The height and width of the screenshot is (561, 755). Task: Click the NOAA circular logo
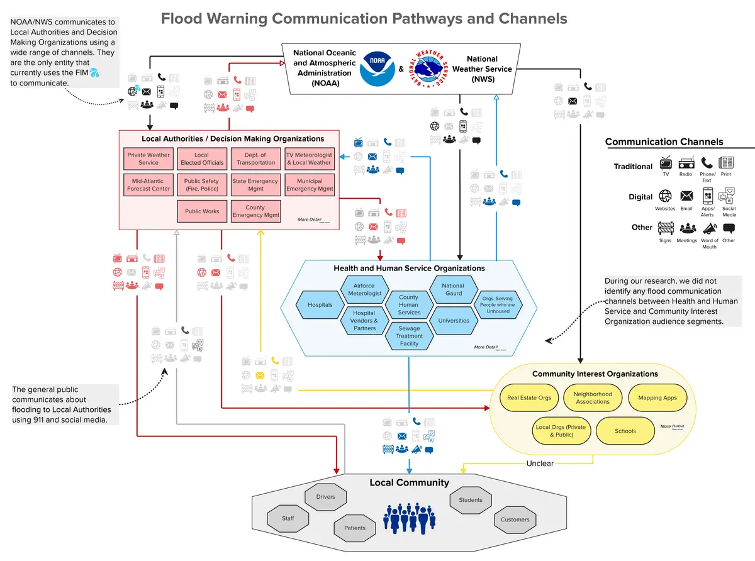point(377,69)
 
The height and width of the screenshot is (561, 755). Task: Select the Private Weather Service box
point(148,158)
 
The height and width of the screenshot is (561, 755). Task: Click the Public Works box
point(202,211)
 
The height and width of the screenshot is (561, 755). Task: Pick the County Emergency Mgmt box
point(255,211)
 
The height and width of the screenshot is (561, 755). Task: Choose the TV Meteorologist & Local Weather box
point(309,158)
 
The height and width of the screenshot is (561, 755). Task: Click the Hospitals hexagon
point(320,305)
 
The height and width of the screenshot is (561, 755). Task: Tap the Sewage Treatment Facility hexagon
point(409,336)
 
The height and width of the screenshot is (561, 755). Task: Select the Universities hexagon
point(453,321)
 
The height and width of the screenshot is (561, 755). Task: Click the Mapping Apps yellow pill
point(657,397)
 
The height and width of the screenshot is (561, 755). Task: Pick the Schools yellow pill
point(625,431)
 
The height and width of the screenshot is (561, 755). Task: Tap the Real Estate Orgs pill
point(529,397)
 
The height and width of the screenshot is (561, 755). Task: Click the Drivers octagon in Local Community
point(326,497)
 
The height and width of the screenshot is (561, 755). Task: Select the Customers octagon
point(515,519)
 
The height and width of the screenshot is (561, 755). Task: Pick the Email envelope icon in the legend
point(686,196)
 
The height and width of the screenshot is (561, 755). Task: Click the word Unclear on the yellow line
point(540,464)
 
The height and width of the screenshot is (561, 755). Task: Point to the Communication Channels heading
point(664,142)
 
